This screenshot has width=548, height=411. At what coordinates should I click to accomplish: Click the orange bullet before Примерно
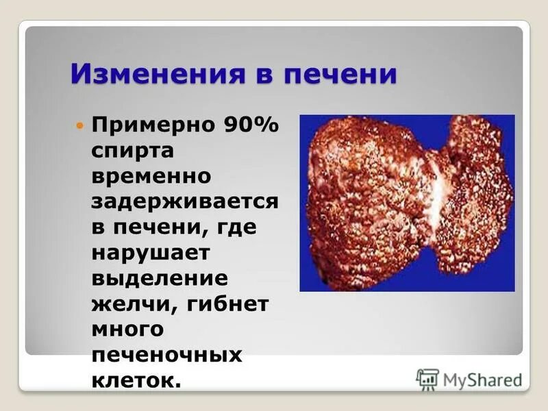pyautogui.click(x=79, y=126)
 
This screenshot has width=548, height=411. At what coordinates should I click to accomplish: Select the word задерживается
pyautogui.click(x=184, y=201)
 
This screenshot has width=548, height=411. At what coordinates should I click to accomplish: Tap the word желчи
pyautogui.click(x=127, y=303)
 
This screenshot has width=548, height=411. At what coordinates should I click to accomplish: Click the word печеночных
pyautogui.click(x=167, y=353)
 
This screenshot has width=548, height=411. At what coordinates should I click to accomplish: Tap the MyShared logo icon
pyautogui.click(x=427, y=379)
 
